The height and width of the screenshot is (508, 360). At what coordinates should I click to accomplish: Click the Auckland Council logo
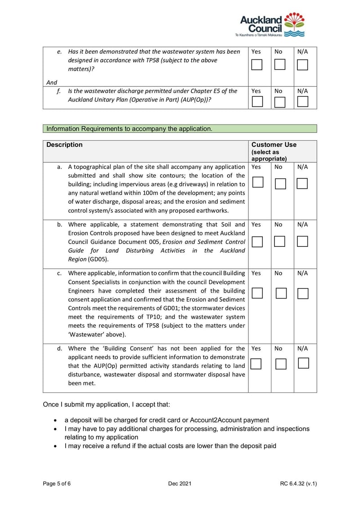[x=272, y=25]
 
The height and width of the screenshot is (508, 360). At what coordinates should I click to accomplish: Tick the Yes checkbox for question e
[x=256, y=65]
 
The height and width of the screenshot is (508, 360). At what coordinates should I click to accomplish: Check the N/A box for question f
[x=303, y=102]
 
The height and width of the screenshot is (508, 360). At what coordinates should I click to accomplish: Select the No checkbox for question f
[x=280, y=102]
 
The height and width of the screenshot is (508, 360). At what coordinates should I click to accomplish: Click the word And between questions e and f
[x=52, y=82]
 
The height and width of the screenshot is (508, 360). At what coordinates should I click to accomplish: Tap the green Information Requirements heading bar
[x=180, y=129]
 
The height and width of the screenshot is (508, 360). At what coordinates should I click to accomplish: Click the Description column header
[x=65, y=145]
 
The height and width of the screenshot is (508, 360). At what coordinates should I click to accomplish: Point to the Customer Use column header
[x=274, y=145]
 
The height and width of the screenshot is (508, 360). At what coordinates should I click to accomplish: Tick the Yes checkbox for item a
[x=257, y=183]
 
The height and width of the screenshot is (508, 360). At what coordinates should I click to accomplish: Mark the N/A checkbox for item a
[x=302, y=183]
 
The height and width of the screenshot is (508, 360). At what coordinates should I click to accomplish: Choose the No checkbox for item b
[x=280, y=241]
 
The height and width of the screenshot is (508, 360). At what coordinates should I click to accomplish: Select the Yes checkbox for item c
[x=257, y=293]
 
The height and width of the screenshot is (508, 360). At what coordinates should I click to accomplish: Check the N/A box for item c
[x=303, y=294]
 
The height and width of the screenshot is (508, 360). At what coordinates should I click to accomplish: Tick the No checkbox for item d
[x=281, y=364]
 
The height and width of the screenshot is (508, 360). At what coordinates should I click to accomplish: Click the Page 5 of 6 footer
[x=57, y=484]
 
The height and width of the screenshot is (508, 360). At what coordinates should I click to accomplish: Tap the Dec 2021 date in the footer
[x=180, y=484]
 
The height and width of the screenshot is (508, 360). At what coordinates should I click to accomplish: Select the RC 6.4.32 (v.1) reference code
[x=298, y=484]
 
